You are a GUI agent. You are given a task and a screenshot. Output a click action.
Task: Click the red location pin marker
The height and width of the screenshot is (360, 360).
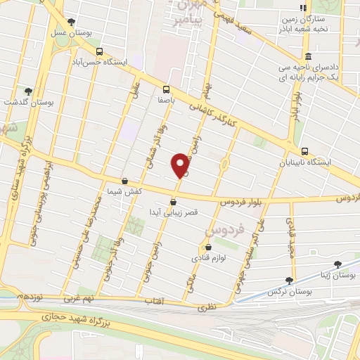(x=180, y=165)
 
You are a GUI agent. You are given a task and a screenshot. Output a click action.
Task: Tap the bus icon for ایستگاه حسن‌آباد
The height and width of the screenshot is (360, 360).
(x=99, y=51)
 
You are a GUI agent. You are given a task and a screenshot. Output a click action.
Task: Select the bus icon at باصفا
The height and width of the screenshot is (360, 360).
(x=167, y=89)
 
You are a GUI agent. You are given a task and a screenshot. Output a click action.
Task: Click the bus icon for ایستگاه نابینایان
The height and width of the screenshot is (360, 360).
(x=304, y=151)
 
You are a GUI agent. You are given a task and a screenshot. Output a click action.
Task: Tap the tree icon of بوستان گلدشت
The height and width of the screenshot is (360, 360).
(x=29, y=91)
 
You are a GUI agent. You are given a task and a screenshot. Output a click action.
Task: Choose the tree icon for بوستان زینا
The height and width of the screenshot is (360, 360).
(x=338, y=264)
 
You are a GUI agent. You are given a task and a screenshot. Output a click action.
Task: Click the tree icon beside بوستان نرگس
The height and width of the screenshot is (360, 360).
(x=290, y=279)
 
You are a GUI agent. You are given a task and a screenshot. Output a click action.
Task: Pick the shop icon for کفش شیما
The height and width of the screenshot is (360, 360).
(x=124, y=181)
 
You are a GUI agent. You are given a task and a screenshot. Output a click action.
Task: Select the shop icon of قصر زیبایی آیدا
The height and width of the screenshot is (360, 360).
(x=174, y=201)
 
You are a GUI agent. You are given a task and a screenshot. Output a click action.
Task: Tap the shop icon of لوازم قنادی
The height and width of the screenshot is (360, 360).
(x=209, y=247)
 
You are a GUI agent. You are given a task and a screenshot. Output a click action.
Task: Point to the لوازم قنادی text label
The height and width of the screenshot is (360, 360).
(x=209, y=258)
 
